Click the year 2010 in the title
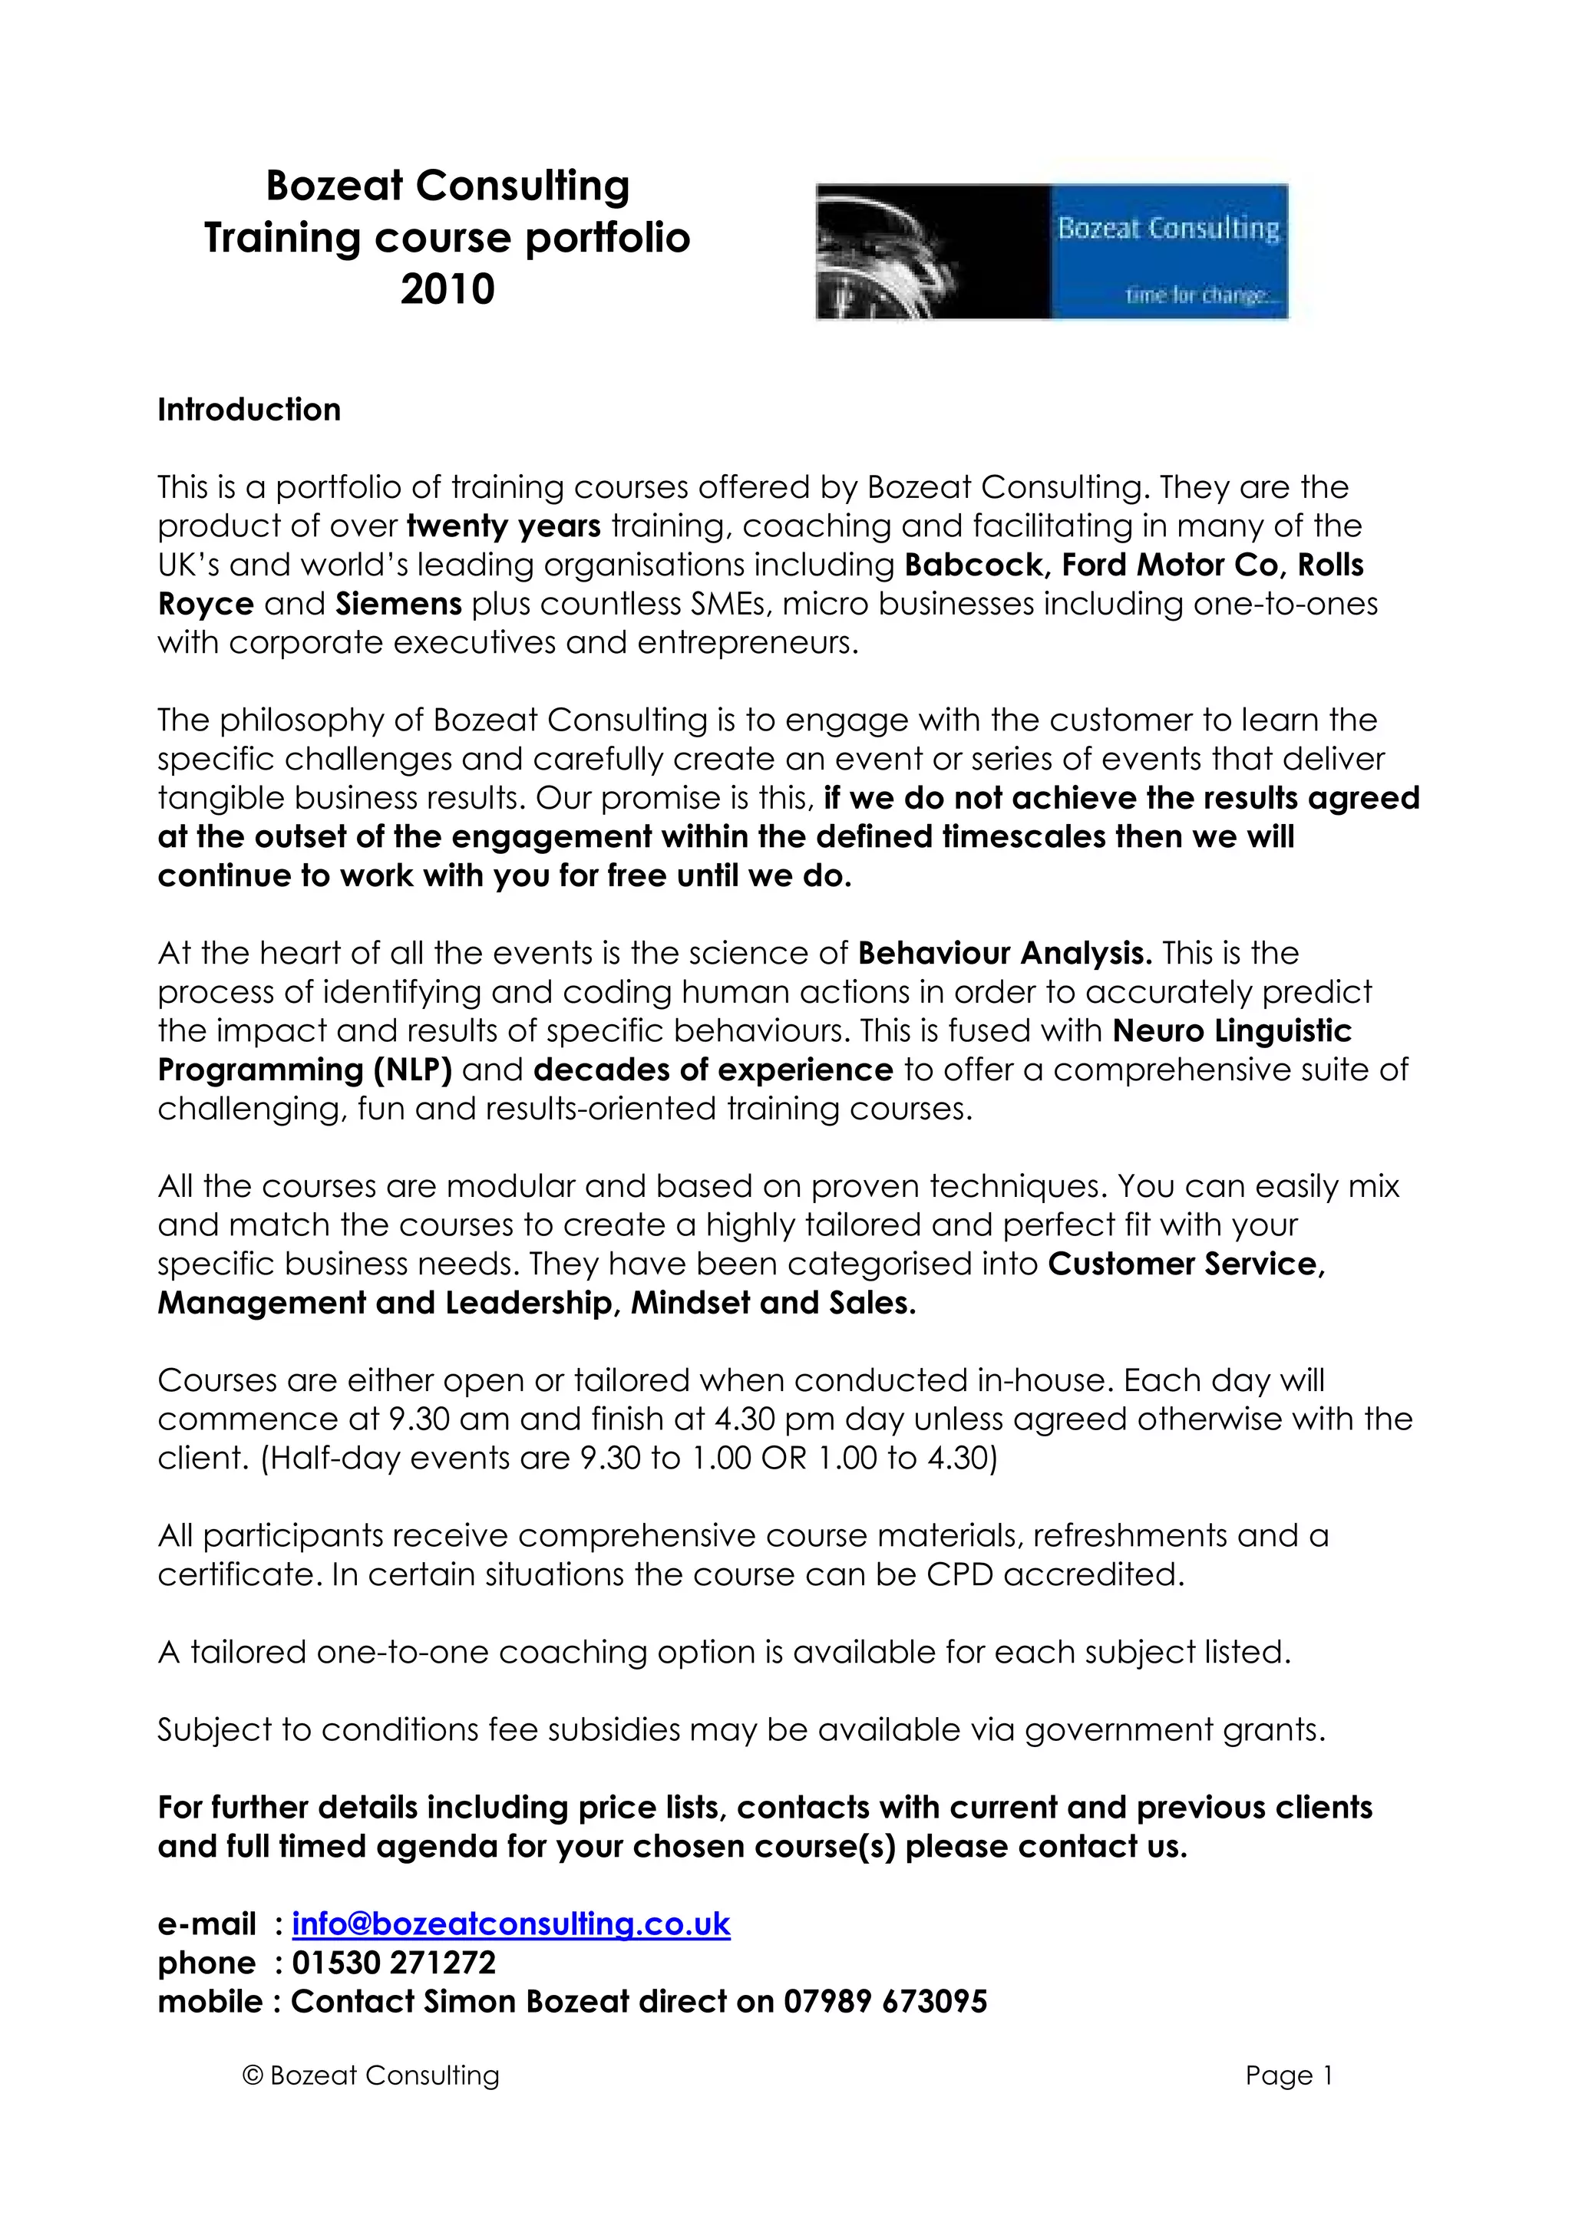[x=447, y=289]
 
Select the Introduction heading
[x=249, y=410]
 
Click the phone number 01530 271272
[x=394, y=1963]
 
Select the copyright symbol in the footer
[x=253, y=2076]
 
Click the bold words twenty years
[x=504, y=526]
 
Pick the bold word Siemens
[x=399, y=604]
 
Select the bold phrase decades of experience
[x=713, y=1070]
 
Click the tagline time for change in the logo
[x=1197, y=295]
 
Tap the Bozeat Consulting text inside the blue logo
[x=1168, y=229]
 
